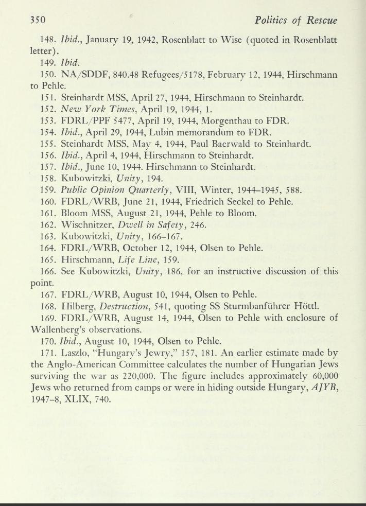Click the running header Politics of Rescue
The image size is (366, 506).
tap(297, 21)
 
